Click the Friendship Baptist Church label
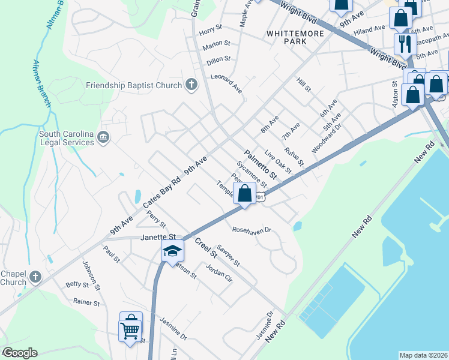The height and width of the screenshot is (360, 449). coord(134,85)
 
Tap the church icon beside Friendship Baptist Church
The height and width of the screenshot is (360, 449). coord(191,85)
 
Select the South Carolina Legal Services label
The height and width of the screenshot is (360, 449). coord(66,138)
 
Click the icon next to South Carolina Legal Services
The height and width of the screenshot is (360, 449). coord(104,138)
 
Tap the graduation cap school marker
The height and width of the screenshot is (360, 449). coord(172,251)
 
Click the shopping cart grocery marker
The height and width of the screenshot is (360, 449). coord(130,328)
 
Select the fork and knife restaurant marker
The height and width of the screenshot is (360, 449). coord(402,43)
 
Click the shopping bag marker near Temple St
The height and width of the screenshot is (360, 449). coord(244,194)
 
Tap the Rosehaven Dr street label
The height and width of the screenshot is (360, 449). coord(252,230)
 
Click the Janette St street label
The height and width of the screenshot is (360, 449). coord(157,237)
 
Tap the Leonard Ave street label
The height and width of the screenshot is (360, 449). coord(226,83)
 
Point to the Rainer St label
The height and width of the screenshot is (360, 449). coord(86,302)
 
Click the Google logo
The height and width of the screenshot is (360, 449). coord(20,353)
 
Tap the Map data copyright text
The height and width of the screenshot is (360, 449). coord(423,355)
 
